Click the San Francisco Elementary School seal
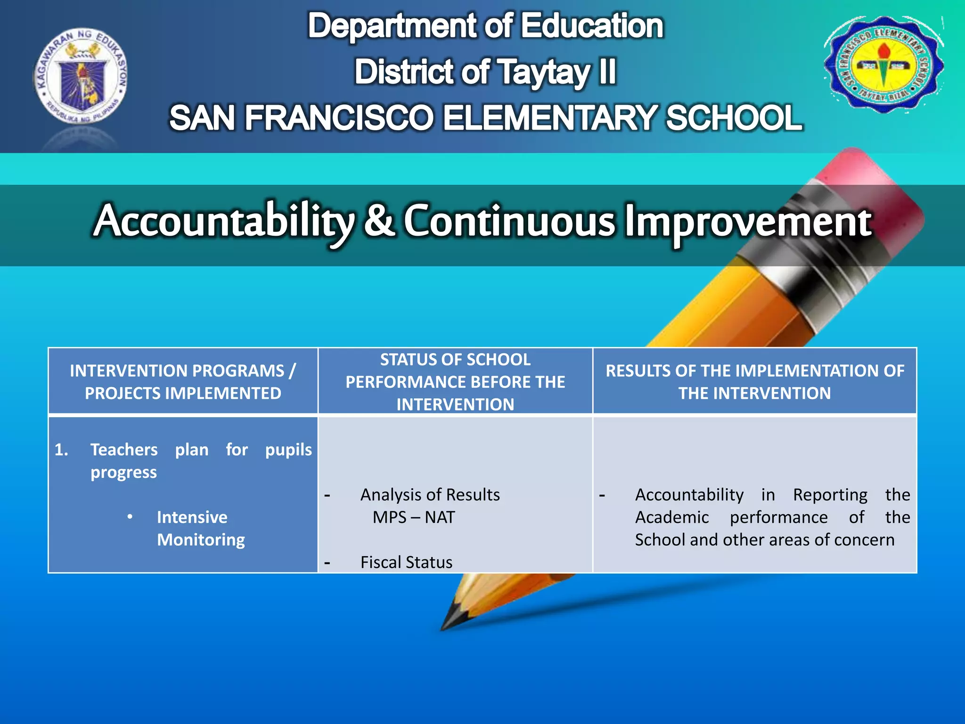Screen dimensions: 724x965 coord(883,65)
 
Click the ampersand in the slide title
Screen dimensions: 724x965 coord(379,221)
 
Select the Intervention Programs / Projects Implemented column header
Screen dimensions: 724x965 coord(183,382)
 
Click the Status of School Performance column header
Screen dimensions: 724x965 coord(455,382)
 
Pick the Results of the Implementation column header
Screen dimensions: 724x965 coord(754,382)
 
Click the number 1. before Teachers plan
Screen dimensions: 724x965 coord(61,450)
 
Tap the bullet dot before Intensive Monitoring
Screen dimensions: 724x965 coord(130,517)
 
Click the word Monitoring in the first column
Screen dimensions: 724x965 coord(201,540)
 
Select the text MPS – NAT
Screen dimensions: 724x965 coord(414,518)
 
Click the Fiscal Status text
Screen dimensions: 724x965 coord(406,562)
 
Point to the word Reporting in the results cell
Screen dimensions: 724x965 coord(830,495)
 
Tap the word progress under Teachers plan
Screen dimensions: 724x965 coord(123,473)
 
